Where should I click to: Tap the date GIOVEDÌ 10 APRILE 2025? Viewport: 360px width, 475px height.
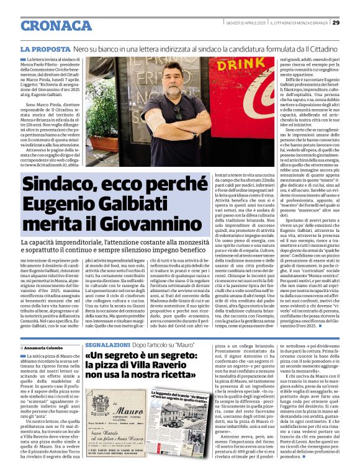[240, 23]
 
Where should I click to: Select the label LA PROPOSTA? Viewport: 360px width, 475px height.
[44, 48]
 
